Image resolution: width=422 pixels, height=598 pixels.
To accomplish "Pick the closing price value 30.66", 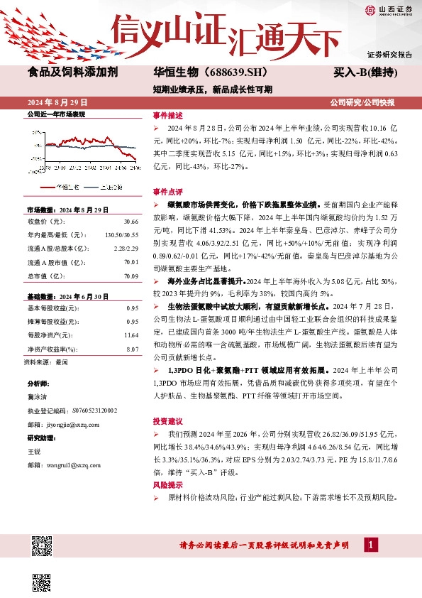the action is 130,222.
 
